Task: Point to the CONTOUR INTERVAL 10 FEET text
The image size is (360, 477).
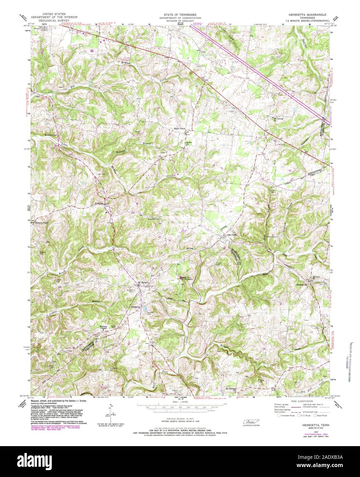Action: click(180, 420)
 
